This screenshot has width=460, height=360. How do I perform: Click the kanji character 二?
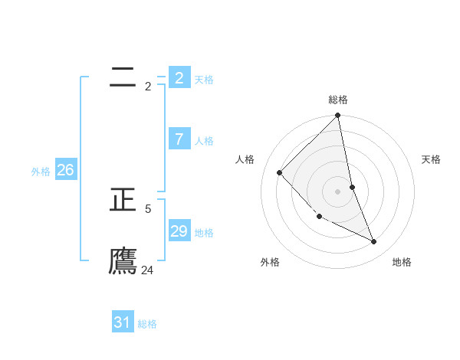tap(123, 77)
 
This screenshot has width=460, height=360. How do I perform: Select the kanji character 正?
tap(123, 201)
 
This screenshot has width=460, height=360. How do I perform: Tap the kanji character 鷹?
tap(123, 260)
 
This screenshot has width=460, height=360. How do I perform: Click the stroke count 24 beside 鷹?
tap(147, 270)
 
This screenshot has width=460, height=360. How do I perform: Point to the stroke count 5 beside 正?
tap(148, 208)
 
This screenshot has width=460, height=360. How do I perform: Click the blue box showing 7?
tap(179, 139)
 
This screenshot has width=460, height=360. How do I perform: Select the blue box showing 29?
tap(179, 231)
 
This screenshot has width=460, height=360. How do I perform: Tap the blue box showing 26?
tap(65, 170)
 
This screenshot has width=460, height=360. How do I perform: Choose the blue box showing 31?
tap(122, 322)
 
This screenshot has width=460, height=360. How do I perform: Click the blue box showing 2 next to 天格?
tap(179, 77)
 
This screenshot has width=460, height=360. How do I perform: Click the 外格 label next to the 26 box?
tap(41, 172)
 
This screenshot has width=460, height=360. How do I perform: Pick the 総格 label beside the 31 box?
tap(147, 324)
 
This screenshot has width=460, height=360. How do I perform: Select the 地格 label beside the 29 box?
tap(204, 233)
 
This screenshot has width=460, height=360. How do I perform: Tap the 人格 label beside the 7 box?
tap(204, 141)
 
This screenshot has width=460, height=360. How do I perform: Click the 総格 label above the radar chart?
tap(338, 100)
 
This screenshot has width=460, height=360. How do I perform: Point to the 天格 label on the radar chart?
tap(432, 159)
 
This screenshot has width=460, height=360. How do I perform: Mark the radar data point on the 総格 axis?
tap(338, 116)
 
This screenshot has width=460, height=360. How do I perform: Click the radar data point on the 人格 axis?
tap(280, 172)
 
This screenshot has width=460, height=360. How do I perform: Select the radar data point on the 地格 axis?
tap(374, 241)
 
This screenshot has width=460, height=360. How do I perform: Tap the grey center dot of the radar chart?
tap(338, 191)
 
